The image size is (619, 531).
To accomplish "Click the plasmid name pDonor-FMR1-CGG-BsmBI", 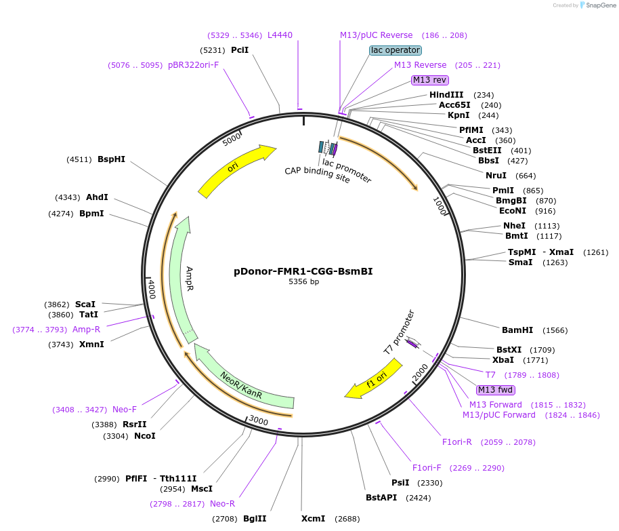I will pyautogui.click(x=303, y=271).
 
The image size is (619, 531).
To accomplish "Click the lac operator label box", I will pyautogui.click(x=396, y=50).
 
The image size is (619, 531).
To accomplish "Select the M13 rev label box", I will pyautogui.click(x=430, y=80).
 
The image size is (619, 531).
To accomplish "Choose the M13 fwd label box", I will pyautogui.click(x=496, y=389).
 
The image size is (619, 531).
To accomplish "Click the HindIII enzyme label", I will pyautogui.click(x=446, y=95).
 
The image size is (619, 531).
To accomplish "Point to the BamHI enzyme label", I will pyautogui.click(x=517, y=330).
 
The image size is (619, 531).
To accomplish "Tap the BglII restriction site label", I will pyautogui.click(x=255, y=519).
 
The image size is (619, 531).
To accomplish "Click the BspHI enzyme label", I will pyautogui.click(x=111, y=159).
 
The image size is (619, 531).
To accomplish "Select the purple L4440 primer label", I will pyautogui.click(x=280, y=35).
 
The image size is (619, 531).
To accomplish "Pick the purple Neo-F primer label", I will pyautogui.click(x=125, y=410).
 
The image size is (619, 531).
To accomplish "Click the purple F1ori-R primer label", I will pyautogui.click(x=457, y=442).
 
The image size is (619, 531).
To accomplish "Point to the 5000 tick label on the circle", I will pyautogui.click(x=232, y=140).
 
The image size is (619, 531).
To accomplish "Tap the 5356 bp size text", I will pyautogui.click(x=303, y=281).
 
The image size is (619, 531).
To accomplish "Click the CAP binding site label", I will pyautogui.click(x=317, y=174).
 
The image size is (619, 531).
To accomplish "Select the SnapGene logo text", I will pyautogui.click(x=599, y=5).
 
